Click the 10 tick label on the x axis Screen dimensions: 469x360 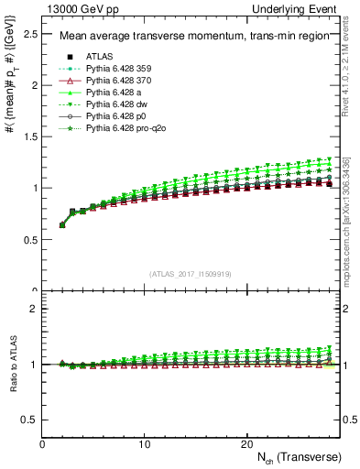click(144, 443)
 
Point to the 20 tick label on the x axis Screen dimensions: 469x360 click(245, 443)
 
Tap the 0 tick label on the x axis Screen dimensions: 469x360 click(42, 443)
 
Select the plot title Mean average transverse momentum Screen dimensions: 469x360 click(189, 37)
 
